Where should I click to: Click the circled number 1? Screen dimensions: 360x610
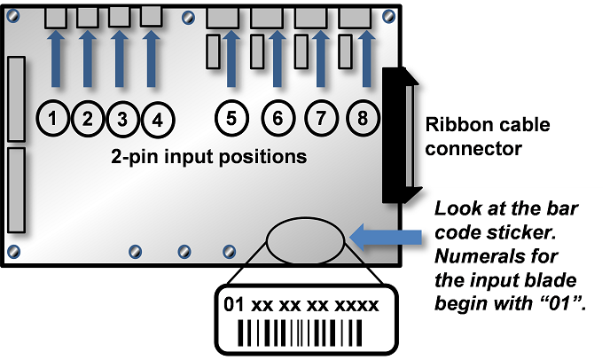pos(55,118)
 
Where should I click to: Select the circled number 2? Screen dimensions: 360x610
pos(89,118)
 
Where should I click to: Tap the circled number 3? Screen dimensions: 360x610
pos(122,118)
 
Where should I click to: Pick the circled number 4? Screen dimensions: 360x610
pos(157,118)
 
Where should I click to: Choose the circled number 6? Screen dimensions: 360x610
pos(277,117)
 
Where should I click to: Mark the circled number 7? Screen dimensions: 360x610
pos(320,117)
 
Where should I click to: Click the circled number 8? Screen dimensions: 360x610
pos(363,117)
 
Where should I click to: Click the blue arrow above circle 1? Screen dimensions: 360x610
pos(55,58)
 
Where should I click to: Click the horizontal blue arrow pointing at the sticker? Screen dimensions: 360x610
pos(387,236)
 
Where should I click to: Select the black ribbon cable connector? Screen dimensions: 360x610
pos(398,133)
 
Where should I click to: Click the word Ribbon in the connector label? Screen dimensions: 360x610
pos(456,124)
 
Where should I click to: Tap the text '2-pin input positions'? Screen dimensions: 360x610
pos(209,158)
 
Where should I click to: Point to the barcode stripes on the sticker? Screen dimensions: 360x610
pos(302,333)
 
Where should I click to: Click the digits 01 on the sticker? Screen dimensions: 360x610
pos(233,305)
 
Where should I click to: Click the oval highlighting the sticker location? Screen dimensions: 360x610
pos(306,239)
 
